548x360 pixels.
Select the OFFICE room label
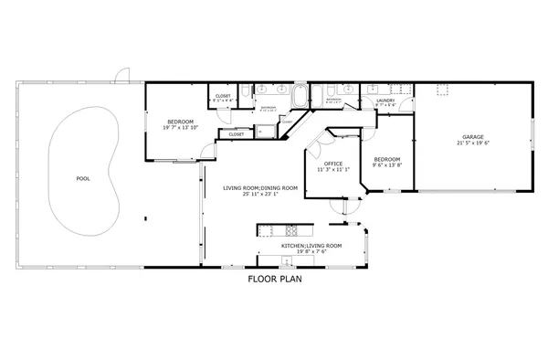pyautogui.click(x=333, y=164)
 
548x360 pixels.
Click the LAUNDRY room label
pyautogui.click(x=385, y=101)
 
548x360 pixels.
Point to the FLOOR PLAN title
pyautogui.click(x=274, y=280)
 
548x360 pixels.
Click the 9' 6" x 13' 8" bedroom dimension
pyautogui.click(x=387, y=164)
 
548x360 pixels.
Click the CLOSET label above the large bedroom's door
pyautogui.click(x=223, y=96)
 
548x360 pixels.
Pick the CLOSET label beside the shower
pyautogui.click(x=236, y=134)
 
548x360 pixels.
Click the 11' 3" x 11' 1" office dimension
pyautogui.click(x=333, y=170)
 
